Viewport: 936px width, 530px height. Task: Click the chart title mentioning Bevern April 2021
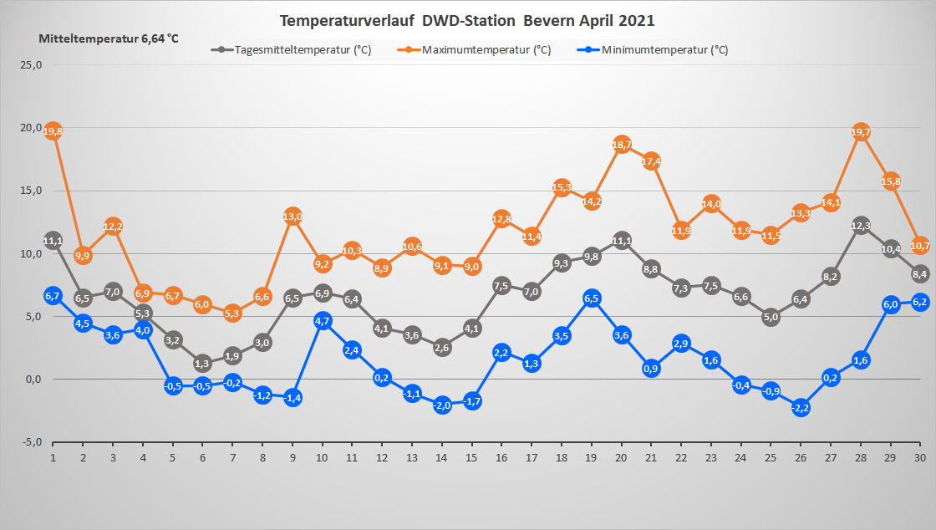point(467,20)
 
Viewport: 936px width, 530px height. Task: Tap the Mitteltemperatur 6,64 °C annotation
point(109,39)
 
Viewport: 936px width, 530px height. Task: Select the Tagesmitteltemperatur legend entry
point(292,50)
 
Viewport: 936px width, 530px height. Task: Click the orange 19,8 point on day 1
point(53,131)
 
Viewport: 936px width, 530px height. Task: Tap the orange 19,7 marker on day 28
point(861,132)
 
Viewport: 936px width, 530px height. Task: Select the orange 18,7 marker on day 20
point(622,145)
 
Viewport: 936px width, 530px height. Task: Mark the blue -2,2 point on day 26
point(801,407)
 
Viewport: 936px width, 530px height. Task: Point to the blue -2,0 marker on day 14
point(442,405)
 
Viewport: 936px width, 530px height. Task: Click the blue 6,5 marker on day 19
point(592,298)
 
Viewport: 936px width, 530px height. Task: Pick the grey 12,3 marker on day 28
point(861,226)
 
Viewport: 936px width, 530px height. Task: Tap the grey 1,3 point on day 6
point(202,363)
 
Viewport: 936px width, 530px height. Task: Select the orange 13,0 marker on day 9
point(292,217)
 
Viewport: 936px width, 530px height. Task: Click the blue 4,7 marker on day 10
point(323,320)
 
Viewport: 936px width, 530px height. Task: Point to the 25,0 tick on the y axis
point(31,64)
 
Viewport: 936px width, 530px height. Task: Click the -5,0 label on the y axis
point(31,442)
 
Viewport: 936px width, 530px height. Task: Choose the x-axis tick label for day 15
point(471,458)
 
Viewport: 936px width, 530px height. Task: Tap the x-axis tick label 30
point(920,458)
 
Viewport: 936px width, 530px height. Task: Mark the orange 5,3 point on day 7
point(232,313)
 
